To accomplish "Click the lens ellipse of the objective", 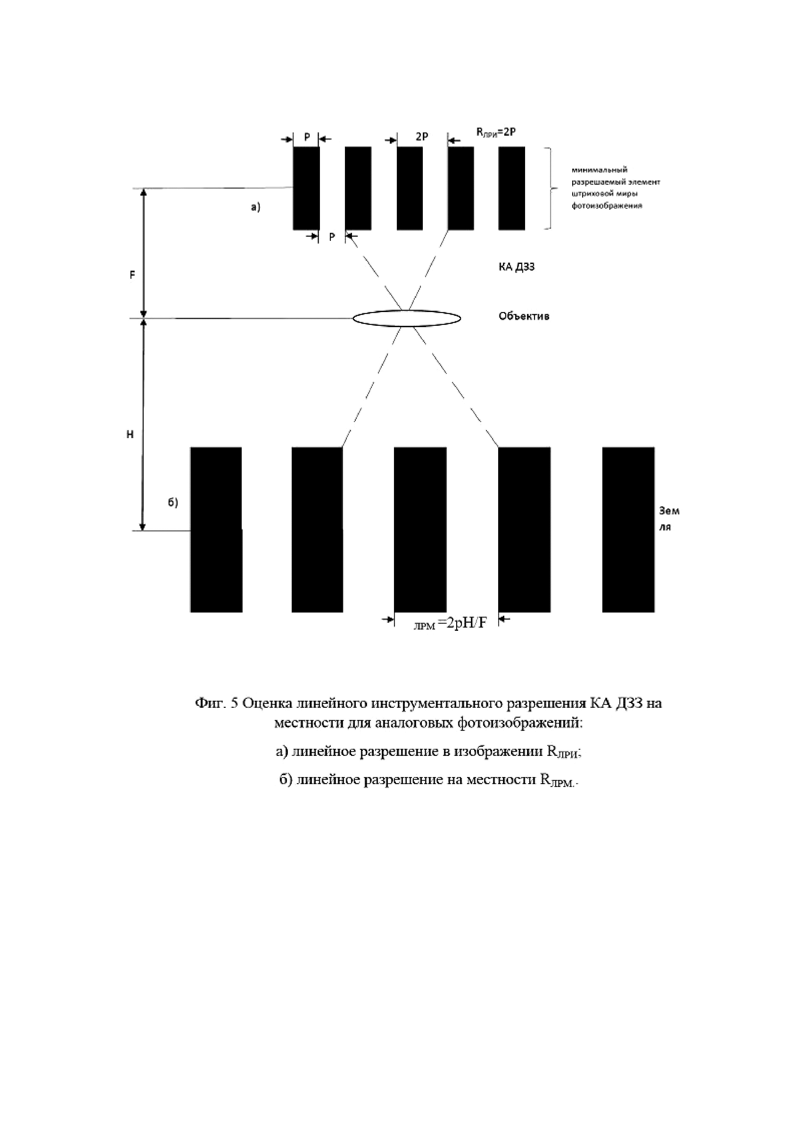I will (406, 318).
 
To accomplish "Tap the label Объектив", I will (523, 317).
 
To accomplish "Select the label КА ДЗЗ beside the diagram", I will (513, 267).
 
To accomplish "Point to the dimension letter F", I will (132, 275).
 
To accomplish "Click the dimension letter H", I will (130, 434).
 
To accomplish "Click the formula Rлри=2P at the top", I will (496, 132).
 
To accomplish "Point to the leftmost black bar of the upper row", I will (306, 188).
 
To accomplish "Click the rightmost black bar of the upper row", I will (511, 188).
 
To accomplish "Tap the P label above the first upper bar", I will (307, 137).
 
